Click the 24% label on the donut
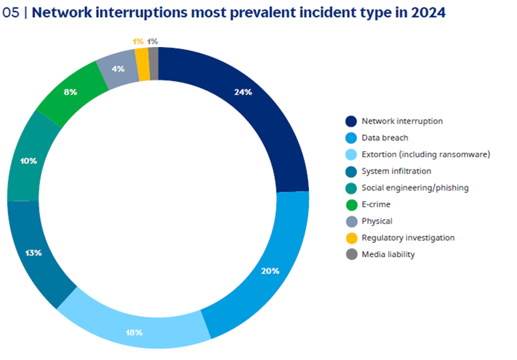pyautogui.click(x=263, y=92)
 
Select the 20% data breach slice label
pyautogui.click(x=270, y=271)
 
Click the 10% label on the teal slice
pyautogui.click(x=29, y=160)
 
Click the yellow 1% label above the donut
pyautogui.click(x=140, y=41)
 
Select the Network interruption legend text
pyautogui.click(x=402, y=121)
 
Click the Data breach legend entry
pyautogui.click(x=384, y=137)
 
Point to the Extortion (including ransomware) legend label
pyautogui.click(x=425, y=154)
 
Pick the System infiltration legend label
pyautogui.click(x=396, y=171)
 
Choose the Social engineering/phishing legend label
pyautogui.click(x=415, y=188)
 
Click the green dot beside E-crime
pyautogui.click(x=351, y=204)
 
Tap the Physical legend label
pyautogui.click(x=377, y=221)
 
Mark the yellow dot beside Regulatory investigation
pyautogui.click(x=351, y=238)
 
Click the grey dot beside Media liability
pyautogui.click(x=351, y=254)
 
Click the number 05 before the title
pyautogui.click(x=12, y=13)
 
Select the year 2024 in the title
pyautogui.click(x=428, y=13)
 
